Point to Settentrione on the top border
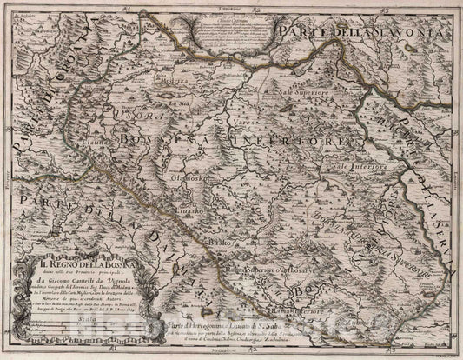pyautogui.click(x=231, y=4)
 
